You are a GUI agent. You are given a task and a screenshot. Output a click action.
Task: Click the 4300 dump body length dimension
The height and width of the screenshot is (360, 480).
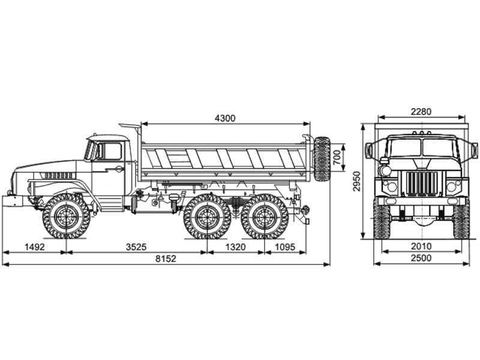click(226, 118)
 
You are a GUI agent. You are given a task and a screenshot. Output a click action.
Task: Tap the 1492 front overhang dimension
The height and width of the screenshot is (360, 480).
click(35, 247)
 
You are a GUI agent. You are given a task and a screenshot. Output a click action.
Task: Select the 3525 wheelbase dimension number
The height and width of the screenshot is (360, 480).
click(136, 247)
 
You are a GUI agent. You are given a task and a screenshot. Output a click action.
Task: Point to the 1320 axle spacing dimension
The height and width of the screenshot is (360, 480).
click(235, 247)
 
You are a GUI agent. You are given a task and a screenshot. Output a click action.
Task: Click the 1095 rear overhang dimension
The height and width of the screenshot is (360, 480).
click(285, 247)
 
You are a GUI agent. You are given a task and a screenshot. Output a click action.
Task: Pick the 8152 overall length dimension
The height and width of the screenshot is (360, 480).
click(166, 259)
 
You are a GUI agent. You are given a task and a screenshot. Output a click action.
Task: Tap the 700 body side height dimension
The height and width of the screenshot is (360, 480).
click(337, 158)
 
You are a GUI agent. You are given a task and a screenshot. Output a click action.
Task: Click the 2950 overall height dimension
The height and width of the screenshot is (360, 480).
click(356, 181)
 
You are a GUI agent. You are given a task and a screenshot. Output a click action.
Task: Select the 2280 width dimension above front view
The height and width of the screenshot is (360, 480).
click(421, 112)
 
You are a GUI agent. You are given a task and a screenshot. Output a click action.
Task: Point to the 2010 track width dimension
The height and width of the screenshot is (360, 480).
click(421, 246)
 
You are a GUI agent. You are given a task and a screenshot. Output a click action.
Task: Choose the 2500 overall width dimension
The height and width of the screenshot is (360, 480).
click(421, 258)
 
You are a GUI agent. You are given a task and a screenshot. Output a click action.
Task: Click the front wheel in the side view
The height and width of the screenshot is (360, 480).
click(67, 216)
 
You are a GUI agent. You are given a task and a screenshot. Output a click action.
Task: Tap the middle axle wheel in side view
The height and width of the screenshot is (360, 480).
click(207, 216)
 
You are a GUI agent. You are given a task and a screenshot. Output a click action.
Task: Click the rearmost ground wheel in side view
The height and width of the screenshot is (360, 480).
click(265, 216)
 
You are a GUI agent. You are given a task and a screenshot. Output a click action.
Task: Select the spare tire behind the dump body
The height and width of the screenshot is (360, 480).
click(322, 159)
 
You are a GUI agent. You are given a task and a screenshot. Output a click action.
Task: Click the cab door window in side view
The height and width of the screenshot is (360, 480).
click(112, 151)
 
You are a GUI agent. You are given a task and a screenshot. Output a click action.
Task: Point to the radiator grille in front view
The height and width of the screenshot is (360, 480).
click(422, 183)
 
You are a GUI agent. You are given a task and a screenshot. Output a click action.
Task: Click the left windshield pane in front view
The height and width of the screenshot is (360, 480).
click(406, 148)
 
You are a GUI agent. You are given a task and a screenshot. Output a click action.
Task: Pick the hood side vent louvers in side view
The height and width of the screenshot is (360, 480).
click(58, 176)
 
